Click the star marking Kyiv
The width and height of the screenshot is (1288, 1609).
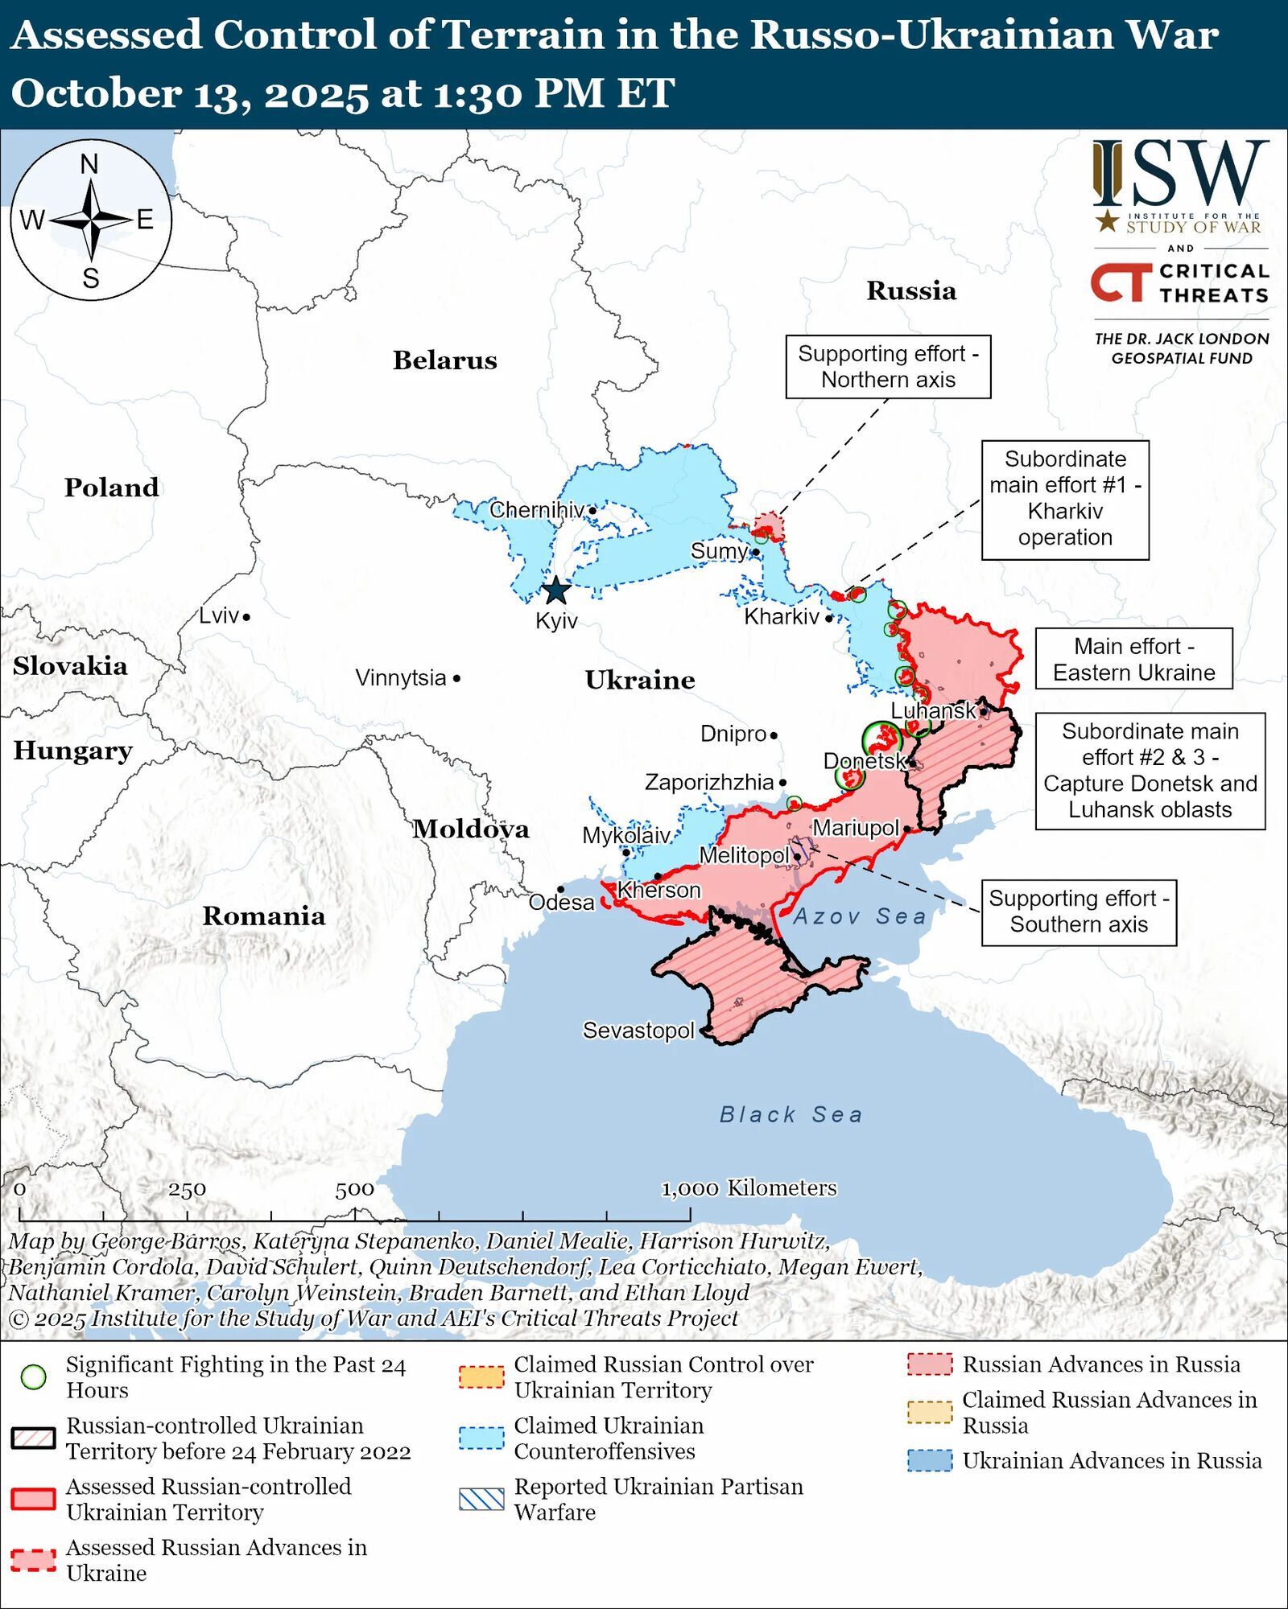(556, 591)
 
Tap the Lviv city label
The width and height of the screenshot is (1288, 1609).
(220, 616)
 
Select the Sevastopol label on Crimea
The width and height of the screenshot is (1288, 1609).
(638, 1031)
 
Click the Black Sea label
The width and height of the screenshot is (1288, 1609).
(791, 1114)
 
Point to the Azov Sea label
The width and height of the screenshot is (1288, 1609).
(860, 916)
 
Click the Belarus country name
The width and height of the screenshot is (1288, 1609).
(444, 360)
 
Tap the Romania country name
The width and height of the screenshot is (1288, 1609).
(264, 916)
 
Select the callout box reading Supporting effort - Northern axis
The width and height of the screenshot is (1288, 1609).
(888, 367)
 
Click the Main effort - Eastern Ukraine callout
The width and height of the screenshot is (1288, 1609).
(1133, 659)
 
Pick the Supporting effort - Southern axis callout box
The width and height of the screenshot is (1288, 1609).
(1079, 911)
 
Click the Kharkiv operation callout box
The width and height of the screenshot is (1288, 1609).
(1064, 499)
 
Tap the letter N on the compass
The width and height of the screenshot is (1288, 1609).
(89, 164)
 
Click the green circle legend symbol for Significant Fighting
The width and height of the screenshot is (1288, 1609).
(34, 1377)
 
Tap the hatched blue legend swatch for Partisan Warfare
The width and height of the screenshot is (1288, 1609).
(481, 1500)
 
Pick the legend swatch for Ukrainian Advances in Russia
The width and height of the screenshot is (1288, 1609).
(930, 1461)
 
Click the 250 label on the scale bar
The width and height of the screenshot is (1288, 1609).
(187, 1189)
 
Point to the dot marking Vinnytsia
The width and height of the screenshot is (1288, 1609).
(456, 678)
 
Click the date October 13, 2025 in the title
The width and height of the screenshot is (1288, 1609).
(190, 93)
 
